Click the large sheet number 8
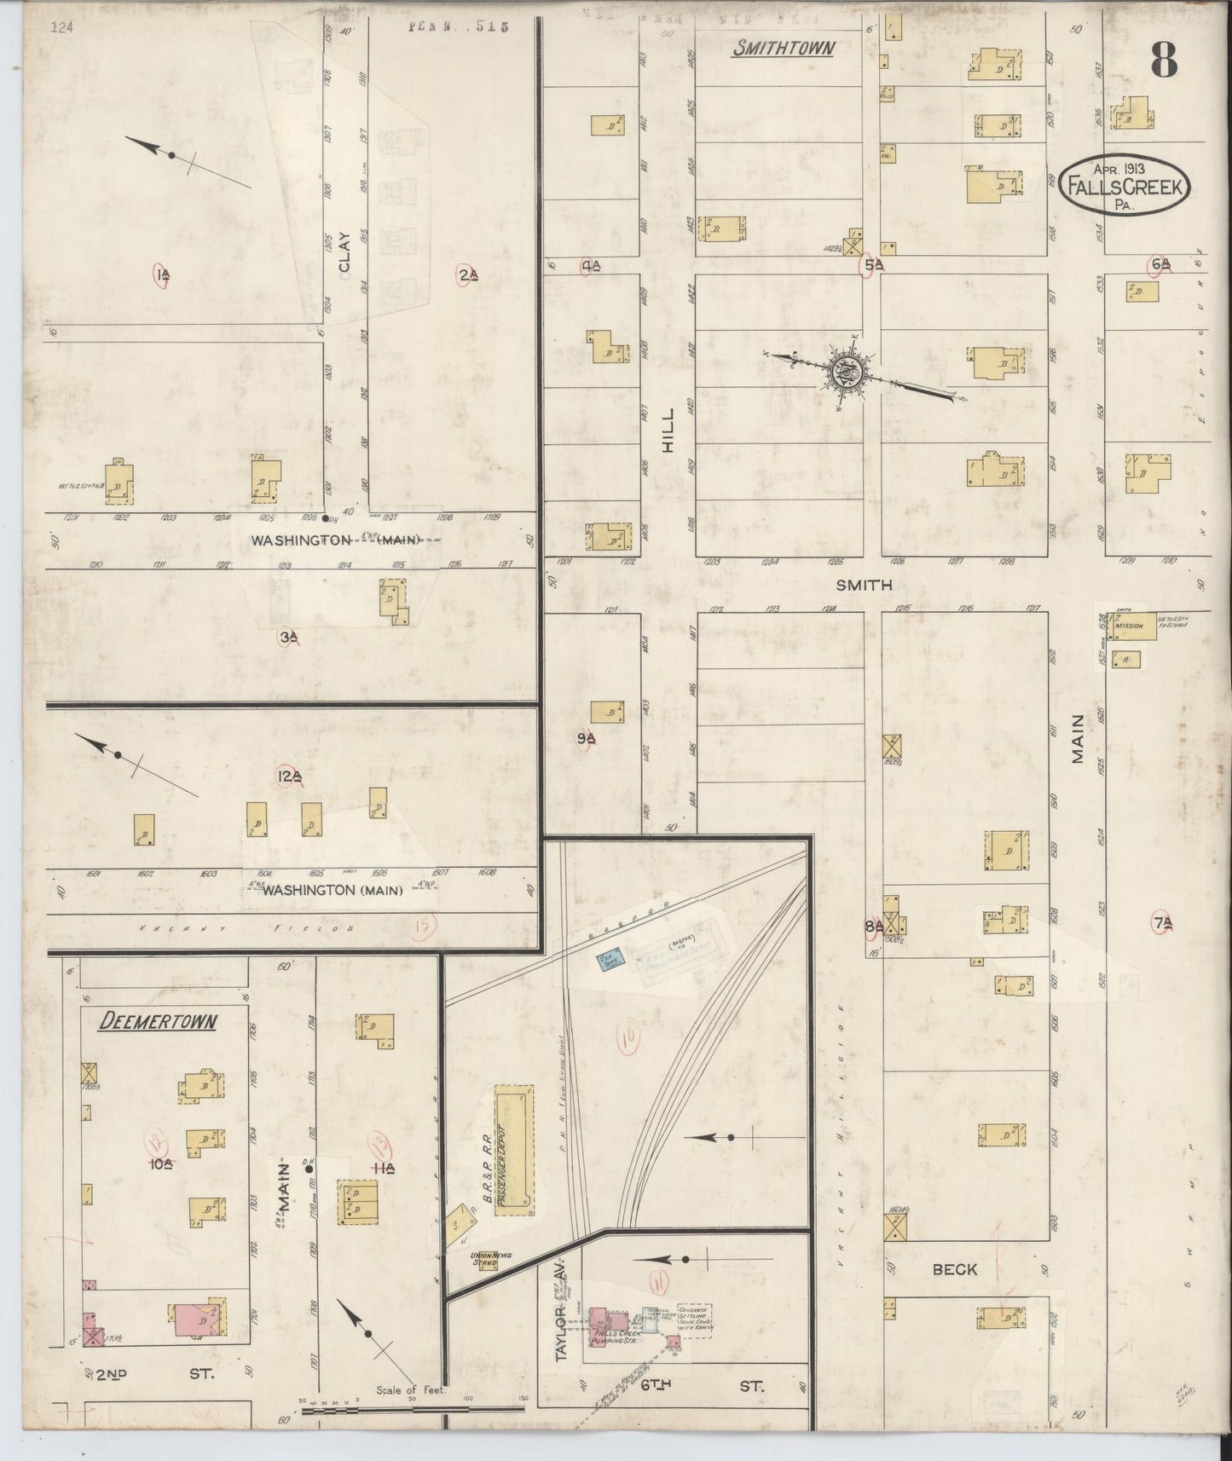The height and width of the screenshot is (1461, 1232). click(1163, 60)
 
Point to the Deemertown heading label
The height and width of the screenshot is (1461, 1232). click(157, 1021)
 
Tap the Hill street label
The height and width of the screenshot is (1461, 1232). click(668, 429)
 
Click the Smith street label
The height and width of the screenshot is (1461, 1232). click(863, 585)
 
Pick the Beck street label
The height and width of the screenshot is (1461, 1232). click(954, 1269)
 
